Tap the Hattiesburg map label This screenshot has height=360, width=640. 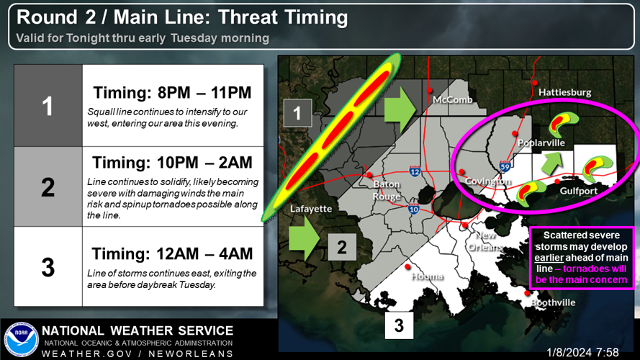564,92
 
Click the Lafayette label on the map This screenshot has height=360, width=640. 311,209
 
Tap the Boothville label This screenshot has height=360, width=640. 553,302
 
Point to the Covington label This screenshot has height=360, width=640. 488,181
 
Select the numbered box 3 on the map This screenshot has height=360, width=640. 399,326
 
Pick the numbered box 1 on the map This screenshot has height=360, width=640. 297,113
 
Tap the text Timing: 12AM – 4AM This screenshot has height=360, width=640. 173,253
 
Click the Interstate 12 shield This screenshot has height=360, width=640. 415,171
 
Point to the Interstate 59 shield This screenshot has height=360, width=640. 506,167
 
